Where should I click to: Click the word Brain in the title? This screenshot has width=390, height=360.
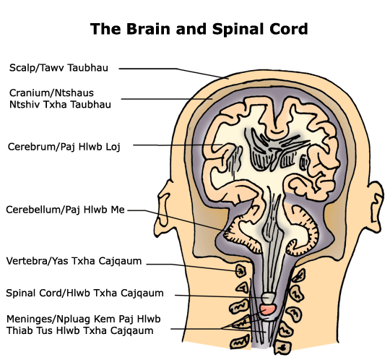[x=148, y=29]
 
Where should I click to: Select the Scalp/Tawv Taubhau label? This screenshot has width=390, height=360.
[x=58, y=68]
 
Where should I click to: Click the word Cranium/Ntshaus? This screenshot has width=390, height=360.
[x=51, y=93]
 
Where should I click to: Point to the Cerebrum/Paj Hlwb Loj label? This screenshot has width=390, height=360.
[x=64, y=147]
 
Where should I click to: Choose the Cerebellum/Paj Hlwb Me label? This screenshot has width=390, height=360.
[x=65, y=210]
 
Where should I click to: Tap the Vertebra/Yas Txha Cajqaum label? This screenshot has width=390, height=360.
[x=74, y=261]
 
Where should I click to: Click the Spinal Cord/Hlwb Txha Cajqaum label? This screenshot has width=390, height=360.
[x=84, y=293]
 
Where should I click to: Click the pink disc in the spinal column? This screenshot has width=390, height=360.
[x=268, y=309]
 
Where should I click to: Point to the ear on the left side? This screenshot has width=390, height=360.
[x=163, y=208]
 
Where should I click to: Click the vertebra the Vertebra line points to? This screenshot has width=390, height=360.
[x=240, y=271]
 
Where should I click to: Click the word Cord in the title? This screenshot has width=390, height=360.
[x=289, y=29]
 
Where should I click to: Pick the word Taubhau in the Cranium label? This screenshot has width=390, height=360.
[x=90, y=104]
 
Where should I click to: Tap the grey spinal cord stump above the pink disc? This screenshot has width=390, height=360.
[x=268, y=298]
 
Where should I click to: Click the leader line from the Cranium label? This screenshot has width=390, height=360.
[x=167, y=99]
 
